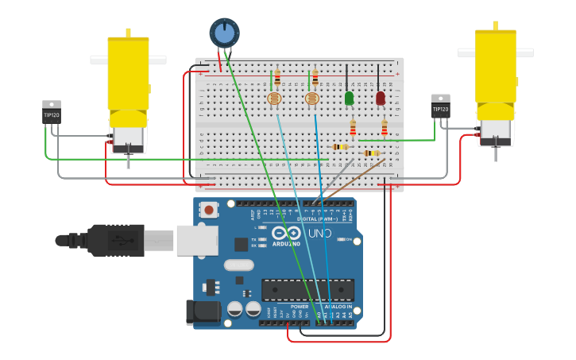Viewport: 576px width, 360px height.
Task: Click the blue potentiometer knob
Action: point(224,33)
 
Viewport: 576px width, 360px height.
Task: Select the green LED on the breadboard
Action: point(349,98)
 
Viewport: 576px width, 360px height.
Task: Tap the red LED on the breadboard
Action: point(381,98)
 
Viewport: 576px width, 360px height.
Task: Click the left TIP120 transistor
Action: point(52,112)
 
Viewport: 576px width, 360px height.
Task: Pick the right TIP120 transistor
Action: point(440,106)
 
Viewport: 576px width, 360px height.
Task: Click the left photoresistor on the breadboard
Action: point(274,99)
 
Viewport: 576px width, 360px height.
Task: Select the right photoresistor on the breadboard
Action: point(312,99)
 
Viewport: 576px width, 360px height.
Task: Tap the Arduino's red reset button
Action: point(209,211)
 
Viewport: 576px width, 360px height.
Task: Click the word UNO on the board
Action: point(319,234)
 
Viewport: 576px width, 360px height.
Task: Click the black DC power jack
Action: point(203,312)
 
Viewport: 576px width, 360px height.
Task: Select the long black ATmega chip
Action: point(306,290)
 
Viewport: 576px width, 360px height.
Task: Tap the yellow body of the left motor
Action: point(128,73)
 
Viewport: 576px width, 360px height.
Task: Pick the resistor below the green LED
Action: point(353,128)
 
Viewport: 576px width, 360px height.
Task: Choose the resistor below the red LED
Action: point(385,128)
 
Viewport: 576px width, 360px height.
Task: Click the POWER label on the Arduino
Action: point(300,306)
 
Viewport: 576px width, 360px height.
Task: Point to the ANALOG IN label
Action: point(338,306)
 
